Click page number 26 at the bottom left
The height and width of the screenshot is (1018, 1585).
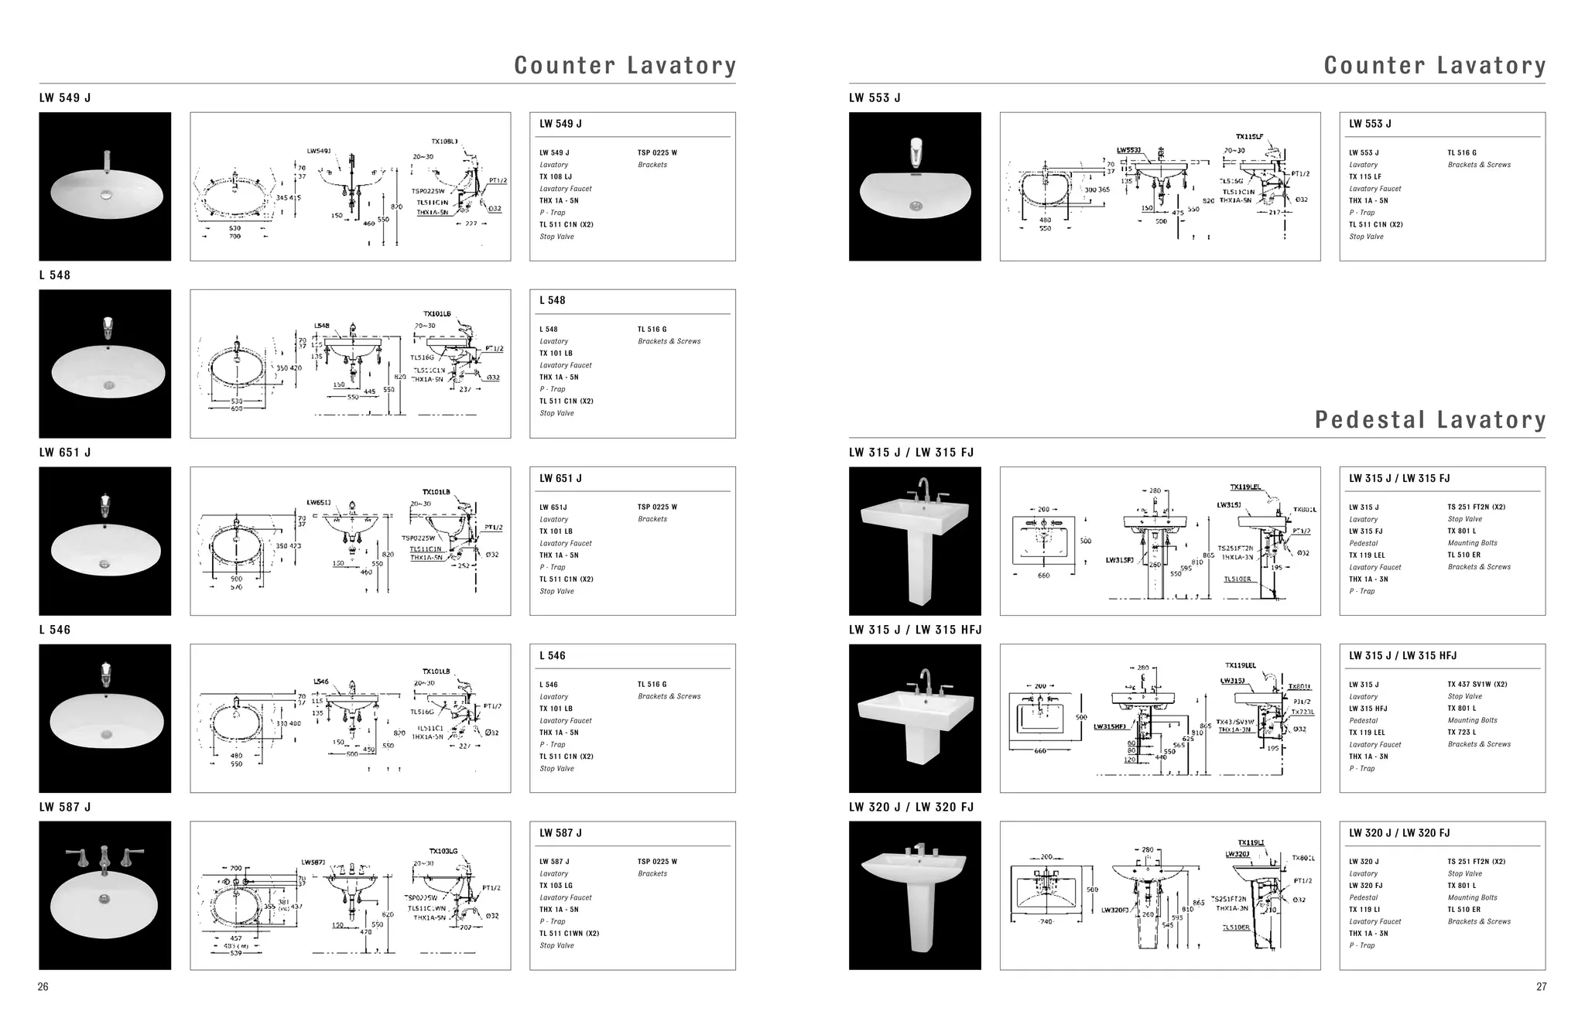point(43,986)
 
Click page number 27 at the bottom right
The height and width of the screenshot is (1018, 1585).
point(1541,986)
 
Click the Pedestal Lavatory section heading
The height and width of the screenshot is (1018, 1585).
point(1429,420)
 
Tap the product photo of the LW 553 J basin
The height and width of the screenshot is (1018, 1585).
point(915,186)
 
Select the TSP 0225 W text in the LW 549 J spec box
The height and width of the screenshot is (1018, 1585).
point(657,153)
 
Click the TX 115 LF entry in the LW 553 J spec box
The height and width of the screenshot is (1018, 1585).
point(1365,177)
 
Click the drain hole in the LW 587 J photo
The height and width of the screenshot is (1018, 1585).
point(104,898)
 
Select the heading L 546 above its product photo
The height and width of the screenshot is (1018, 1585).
point(55,630)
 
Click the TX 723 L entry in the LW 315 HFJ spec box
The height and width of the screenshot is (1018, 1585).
point(1462,732)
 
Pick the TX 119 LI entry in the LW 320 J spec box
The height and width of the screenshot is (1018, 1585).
point(1364,910)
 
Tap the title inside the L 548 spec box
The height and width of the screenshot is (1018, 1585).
point(553,301)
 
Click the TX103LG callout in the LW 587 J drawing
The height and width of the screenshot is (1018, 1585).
point(443,851)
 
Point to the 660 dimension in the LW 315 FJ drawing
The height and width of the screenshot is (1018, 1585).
point(1043,576)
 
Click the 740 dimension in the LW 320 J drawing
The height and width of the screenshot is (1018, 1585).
point(1047,922)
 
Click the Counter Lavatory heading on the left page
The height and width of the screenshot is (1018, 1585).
point(625,66)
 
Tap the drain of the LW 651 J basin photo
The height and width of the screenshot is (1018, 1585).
point(104,564)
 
